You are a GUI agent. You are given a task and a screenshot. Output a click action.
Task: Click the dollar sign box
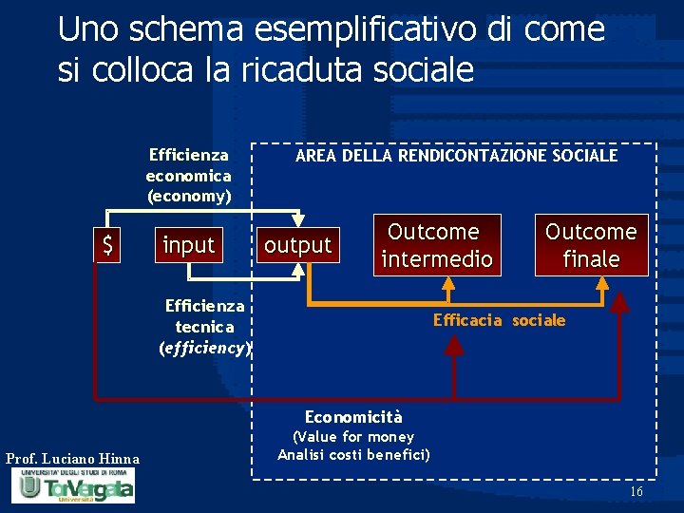(x=108, y=246)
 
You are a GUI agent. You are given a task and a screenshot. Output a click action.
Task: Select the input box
(x=189, y=245)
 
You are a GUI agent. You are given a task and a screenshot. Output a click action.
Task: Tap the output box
(x=297, y=246)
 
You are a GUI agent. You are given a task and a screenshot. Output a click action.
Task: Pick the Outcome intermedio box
(x=436, y=245)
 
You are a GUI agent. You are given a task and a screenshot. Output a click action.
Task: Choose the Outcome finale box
(x=590, y=245)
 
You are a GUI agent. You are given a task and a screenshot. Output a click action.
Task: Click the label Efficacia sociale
(x=499, y=320)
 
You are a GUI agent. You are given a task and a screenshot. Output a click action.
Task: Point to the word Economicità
(x=353, y=417)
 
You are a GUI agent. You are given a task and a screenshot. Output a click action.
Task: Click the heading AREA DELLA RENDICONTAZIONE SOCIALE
(x=456, y=155)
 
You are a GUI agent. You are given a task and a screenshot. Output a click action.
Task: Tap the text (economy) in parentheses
(x=188, y=197)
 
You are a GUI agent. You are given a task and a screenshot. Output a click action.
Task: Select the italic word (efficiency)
(x=203, y=348)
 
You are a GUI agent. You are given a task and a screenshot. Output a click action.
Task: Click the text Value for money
(x=353, y=437)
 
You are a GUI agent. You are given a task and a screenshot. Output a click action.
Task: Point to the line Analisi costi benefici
(x=353, y=455)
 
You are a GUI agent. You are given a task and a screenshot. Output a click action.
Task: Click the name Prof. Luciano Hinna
(x=72, y=460)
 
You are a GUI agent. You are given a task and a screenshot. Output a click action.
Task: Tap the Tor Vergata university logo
(x=72, y=486)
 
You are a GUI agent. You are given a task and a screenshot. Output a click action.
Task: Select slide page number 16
(x=636, y=491)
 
